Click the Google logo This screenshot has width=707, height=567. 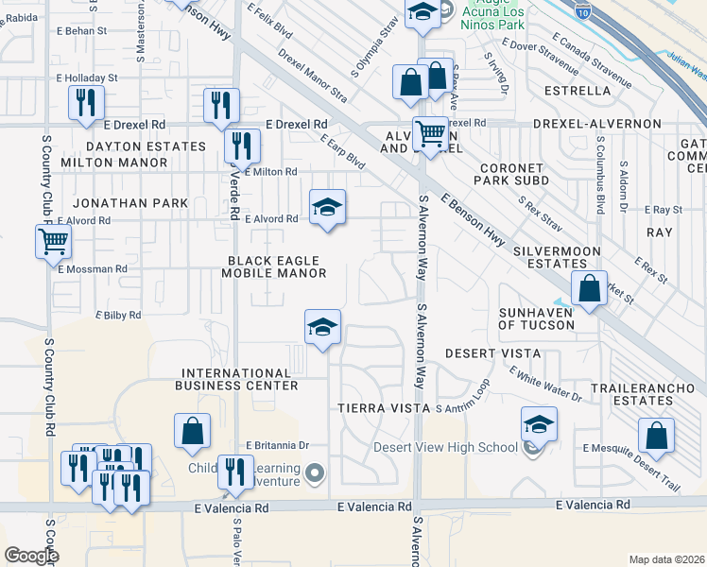click(x=31, y=556)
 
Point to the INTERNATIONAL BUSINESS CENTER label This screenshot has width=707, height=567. click(x=237, y=379)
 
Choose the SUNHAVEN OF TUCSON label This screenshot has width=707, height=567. click(x=536, y=318)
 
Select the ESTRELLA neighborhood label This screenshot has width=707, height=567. click(x=578, y=91)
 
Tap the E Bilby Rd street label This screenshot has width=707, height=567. click(x=118, y=315)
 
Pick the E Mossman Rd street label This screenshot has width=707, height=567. click(x=92, y=269)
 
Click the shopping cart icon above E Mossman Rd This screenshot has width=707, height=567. click(x=53, y=242)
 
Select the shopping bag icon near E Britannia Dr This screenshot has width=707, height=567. click(x=192, y=431)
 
